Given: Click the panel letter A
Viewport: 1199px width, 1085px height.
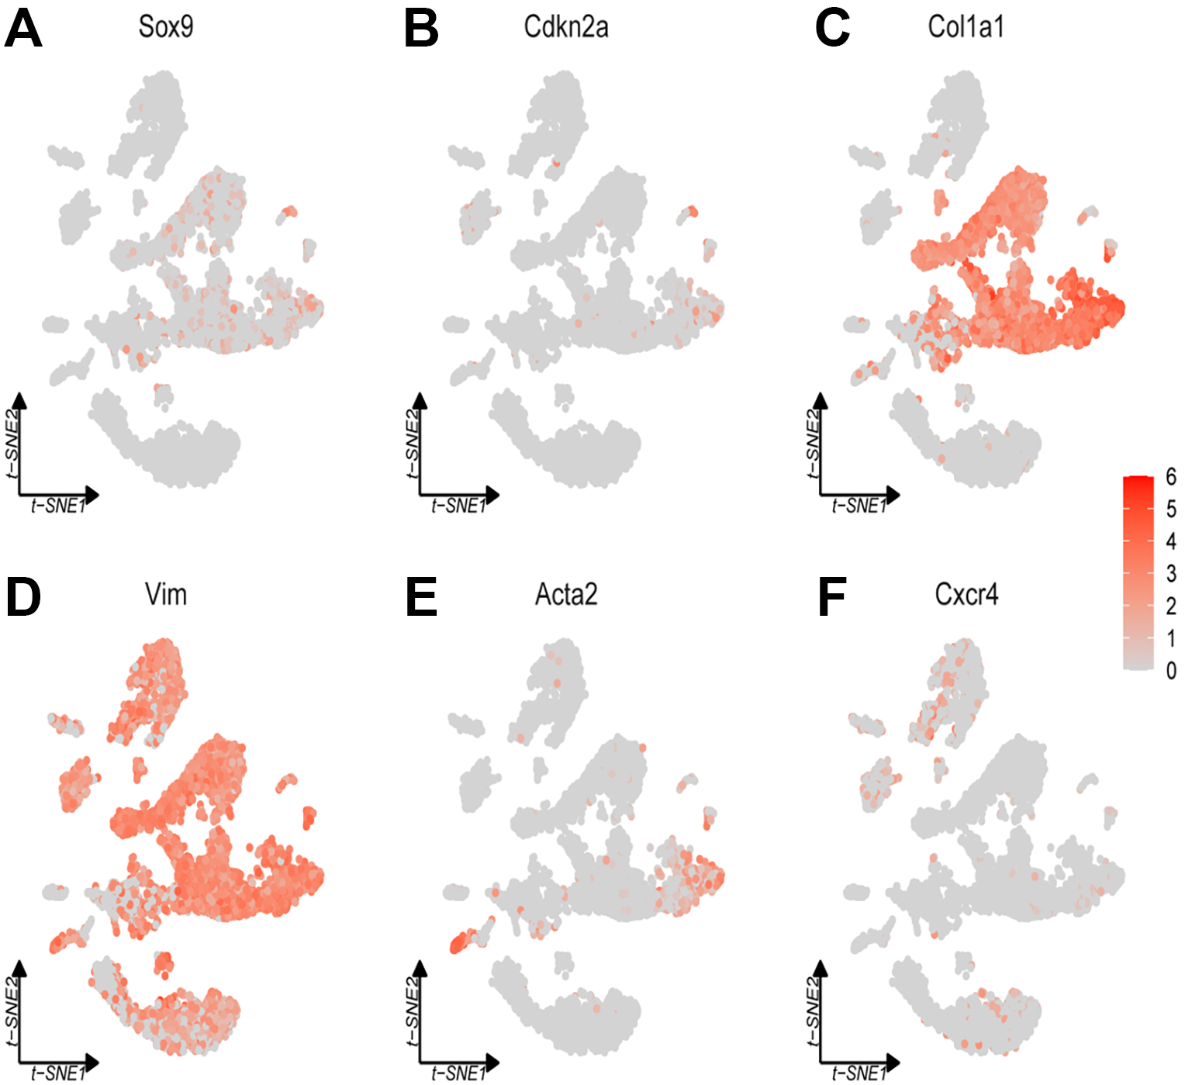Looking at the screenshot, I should pyautogui.click(x=22, y=29).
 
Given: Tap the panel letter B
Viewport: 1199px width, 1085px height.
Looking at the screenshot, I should pyautogui.click(x=421, y=29).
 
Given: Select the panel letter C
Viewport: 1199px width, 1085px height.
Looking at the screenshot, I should pyautogui.click(x=832, y=29).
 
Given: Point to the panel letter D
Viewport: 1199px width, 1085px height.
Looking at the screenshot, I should pyautogui.click(x=22, y=598).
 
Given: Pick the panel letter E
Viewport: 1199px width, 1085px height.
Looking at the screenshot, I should pyautogui.click(x=421, y=598).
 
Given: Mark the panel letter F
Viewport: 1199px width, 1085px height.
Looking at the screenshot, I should pyautogui.click(x=831, y=598).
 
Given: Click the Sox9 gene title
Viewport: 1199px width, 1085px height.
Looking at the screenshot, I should pyautogui.click(x=166, y=27).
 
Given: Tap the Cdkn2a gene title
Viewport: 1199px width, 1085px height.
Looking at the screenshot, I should pyautogui.click(x=566, y=27).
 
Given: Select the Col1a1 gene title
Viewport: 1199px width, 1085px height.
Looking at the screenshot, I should pyautogui.click(x=966, y=27).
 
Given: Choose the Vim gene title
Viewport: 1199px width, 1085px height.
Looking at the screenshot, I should pyautogui.click(x=166, y=595).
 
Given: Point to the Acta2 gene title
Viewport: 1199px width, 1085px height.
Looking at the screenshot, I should pyautogui.click(x=566, y=595).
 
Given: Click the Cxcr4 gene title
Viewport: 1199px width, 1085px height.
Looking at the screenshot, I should pyautogui.click(x=966, y=595).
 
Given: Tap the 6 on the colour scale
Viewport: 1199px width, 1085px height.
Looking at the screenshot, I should pyautogui.click(x=1171, y=477).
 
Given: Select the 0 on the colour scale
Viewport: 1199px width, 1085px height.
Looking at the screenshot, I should pyautogui.click(x=1171, y=671).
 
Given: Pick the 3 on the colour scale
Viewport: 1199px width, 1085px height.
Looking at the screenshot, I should pyautogui.click(x=1171, y=574).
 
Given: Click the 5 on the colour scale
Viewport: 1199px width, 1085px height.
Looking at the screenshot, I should pyautogui.click(x=1171, y=510).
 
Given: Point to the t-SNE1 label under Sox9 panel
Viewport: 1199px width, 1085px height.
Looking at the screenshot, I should pyautogui.click(x=58, y=506).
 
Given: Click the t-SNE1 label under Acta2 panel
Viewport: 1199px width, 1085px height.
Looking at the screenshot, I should pyautogui.click(x=458, y=1074).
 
